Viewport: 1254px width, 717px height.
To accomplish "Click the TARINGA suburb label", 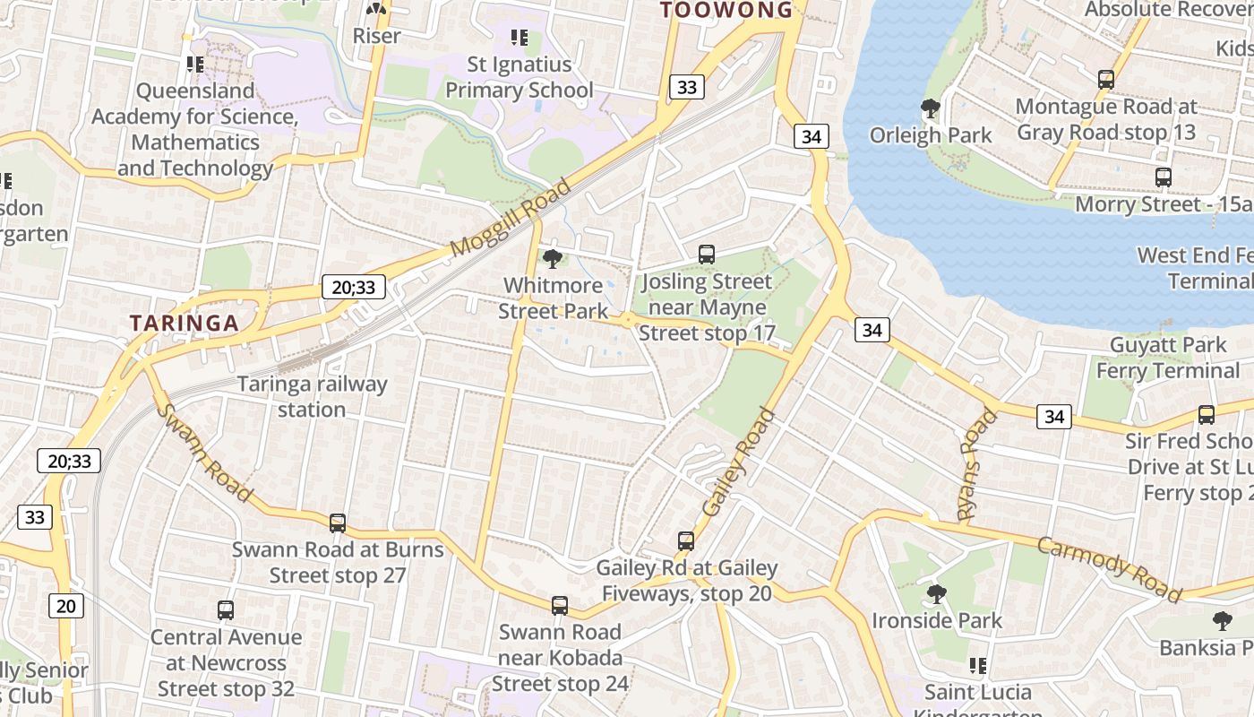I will coord(184,324).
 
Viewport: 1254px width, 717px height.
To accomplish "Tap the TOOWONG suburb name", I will coord(726,11).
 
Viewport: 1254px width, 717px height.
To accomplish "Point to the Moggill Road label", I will coord(511,218).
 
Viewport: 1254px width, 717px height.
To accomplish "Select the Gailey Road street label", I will coord(738,462).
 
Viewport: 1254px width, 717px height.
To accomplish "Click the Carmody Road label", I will coord(1110,567).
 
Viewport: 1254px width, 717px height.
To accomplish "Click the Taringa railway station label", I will coord(312,396).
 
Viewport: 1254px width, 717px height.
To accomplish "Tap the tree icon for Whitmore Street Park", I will coord(553,259).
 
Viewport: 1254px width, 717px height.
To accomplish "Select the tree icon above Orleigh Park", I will coord(931,108).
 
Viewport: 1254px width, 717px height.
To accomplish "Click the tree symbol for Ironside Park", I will coord(937,593).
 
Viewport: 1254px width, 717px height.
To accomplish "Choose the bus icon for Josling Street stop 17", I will coord(707,255).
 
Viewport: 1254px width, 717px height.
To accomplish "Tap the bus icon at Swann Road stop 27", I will coord(338,523).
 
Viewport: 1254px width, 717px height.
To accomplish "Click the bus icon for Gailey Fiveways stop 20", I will coord(686,541).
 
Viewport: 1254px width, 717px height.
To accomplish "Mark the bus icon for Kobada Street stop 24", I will coord(560,606).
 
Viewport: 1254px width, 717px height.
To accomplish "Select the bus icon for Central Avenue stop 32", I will coord(226,610).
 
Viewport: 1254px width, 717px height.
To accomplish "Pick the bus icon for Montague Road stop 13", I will coord(1106,80).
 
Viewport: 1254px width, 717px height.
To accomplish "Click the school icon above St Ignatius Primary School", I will coord(520,38).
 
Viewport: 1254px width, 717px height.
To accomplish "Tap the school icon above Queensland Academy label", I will coord(195,65).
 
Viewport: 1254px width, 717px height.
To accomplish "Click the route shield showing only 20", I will coord(66,606).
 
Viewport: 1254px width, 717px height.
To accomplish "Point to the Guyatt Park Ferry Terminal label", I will coord(1168,358).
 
